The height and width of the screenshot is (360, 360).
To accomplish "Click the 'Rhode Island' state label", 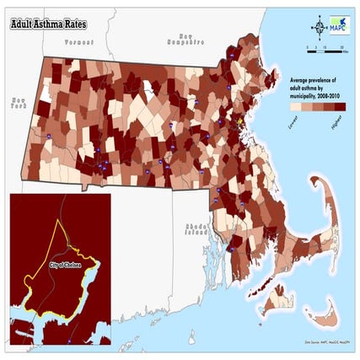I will click(195, 232).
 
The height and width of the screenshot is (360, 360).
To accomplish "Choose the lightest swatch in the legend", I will click(295, 109).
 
